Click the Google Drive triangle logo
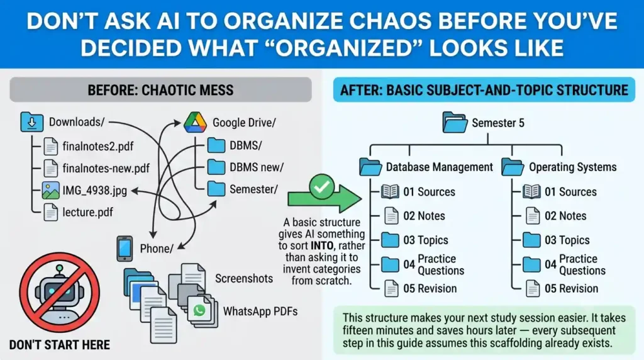(195, 122)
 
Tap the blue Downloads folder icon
(32, 121)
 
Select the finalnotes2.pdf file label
(97, 146)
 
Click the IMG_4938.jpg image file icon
(50, 191)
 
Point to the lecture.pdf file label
(87, 212)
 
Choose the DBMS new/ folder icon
(216, 167)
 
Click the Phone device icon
(125, 249)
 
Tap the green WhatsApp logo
(199, 310)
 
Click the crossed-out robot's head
(60, 290)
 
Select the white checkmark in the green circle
(321, 187)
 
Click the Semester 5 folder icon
(455, 122)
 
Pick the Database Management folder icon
(370, 167)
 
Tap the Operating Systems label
(572, 167)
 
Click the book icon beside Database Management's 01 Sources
(390, 191)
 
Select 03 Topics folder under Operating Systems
(531, 240)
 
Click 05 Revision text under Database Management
(430, 288)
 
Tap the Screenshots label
(244, 279)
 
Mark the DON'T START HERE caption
(60, 345)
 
